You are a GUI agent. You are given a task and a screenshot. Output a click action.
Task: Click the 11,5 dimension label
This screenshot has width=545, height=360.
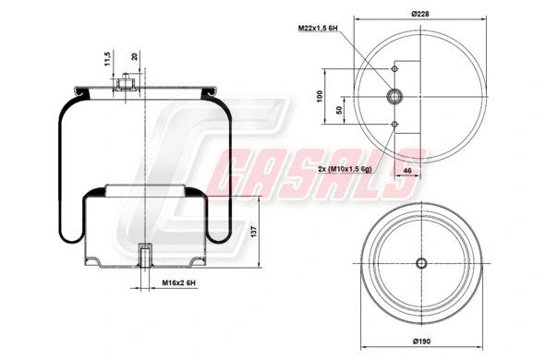108,60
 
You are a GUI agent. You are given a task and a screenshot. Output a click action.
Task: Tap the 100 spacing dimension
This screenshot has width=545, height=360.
319,96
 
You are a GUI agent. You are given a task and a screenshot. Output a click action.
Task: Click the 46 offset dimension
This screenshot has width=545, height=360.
406,172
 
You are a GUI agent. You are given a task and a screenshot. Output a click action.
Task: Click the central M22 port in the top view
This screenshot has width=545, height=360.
394,96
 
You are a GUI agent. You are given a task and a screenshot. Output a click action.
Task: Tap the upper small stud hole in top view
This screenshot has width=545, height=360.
394,68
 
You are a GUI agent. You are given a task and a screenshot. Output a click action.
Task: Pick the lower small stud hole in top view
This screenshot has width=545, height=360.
394,124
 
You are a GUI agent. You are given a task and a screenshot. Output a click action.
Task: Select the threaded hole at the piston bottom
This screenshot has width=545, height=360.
145,254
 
